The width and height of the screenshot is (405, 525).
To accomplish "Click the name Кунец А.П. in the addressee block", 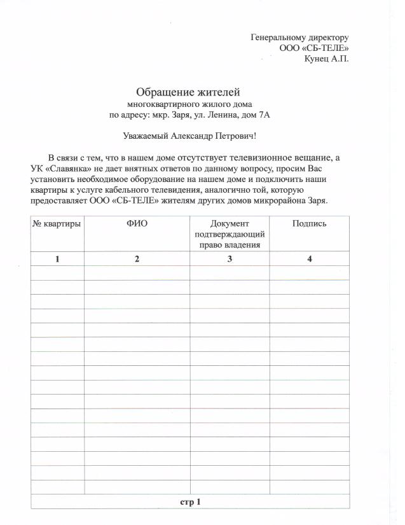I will (x=326, y=59).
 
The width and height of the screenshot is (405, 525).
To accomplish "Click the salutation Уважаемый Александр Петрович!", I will (x=189, y=136).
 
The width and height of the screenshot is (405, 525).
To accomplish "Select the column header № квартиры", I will (x=57, y=224).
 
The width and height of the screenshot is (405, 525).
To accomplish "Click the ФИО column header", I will (x=137, y=224).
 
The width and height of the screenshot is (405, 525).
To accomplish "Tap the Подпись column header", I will (x=309, y=224).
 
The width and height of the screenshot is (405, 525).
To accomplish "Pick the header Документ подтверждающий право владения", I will (x=230, y=234).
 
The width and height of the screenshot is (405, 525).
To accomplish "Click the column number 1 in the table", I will (x=57, y=258).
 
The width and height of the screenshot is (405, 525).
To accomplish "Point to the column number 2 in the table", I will (x=137, y=258).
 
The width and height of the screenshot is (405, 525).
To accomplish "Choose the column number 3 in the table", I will (x=230, y=258).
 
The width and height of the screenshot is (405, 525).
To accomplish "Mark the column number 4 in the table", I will (x=309, y=258).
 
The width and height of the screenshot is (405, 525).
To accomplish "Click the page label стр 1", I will (x=190, y=502).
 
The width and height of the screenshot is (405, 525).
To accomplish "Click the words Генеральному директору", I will (x=299, y=38).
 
